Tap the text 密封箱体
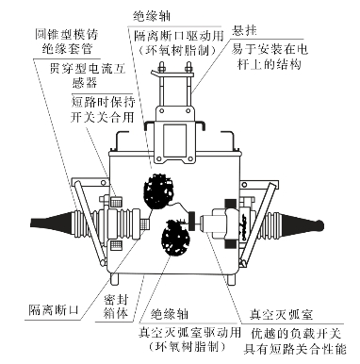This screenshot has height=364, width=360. click(x=116, y=306)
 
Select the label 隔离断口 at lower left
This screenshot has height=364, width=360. click(x=54, y=310)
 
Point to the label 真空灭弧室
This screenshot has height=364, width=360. click(x=281, y=314)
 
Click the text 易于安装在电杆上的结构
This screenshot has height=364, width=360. click(x=270, y=57)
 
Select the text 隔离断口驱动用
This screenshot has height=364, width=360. click(x=179, y=36)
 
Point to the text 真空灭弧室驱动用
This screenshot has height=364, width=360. click(x=189, y=332)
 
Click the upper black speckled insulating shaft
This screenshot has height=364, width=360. click(x=159, y=190)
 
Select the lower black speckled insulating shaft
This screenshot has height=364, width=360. click(x=175, y=237)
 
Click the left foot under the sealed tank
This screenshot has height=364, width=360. click(x=115, y=279)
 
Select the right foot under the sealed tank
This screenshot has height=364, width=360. click(x=232, y=279)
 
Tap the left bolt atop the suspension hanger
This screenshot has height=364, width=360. click(x=161, y=68)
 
